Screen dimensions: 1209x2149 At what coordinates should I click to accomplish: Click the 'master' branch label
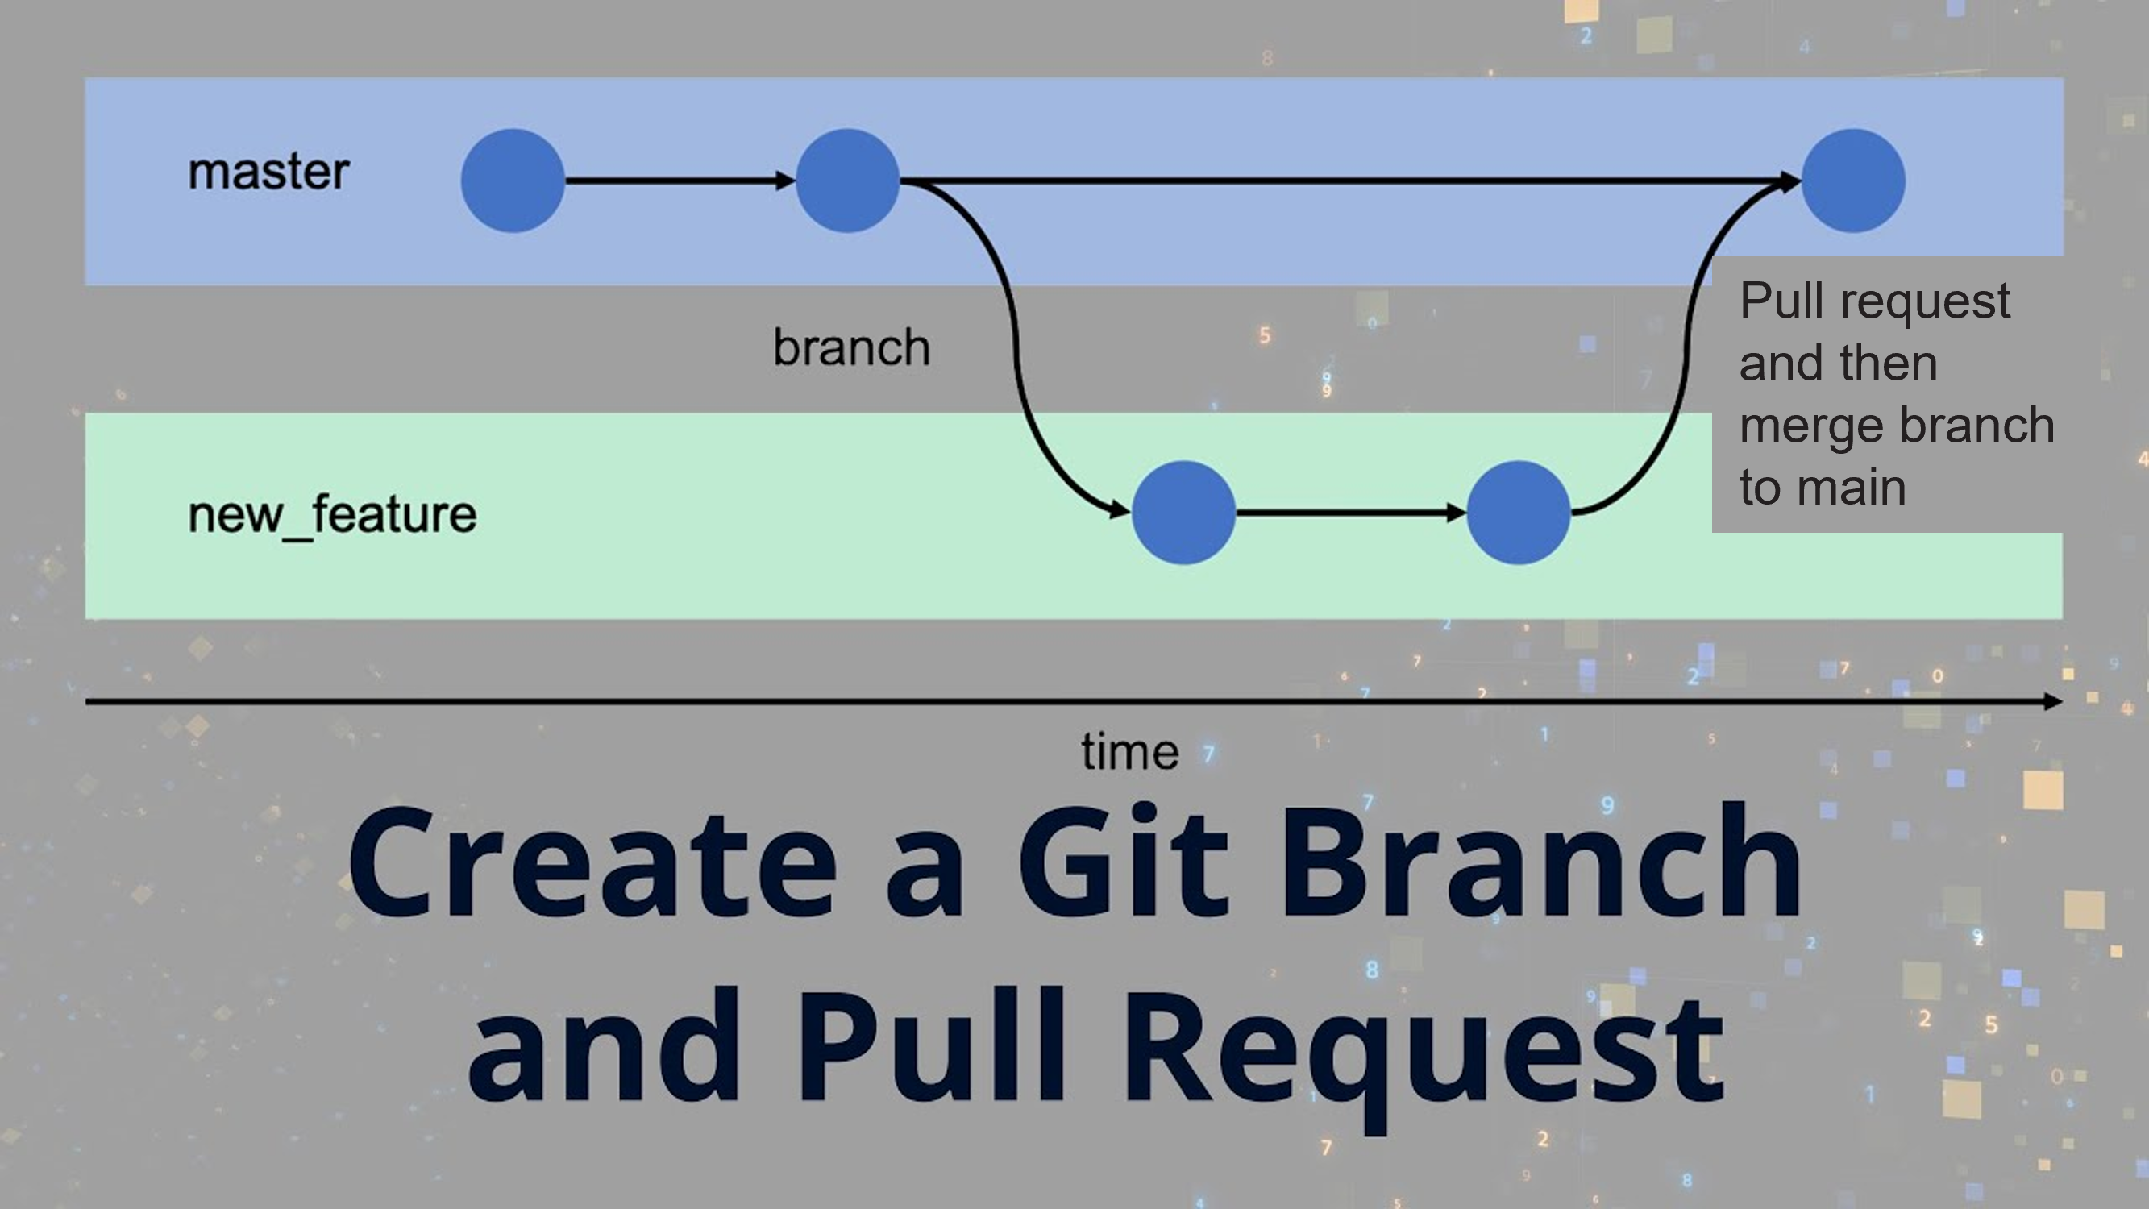tap(268, 172)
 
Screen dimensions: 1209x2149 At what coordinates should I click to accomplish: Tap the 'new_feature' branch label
tap(332, 515)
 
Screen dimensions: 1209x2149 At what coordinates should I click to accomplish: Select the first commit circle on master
tap(513, 181)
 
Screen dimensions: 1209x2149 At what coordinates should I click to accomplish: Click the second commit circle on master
tap(847, 181)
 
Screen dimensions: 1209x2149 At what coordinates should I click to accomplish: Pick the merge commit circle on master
tap(1853, 181)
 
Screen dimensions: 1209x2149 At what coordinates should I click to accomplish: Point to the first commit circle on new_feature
tap(1183, 513)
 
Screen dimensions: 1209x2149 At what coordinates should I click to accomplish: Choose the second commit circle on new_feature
tap(1519, 513)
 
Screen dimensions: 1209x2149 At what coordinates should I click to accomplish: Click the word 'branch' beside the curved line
tap(851, 347)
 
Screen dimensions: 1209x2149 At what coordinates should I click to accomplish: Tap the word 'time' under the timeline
tap(1129, 753)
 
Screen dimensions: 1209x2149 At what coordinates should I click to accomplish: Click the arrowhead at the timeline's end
tap(2052, 702)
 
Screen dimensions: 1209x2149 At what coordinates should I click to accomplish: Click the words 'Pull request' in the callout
tap(1875, 301)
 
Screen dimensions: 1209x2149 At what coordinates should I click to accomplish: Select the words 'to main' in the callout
tap(1823, 488)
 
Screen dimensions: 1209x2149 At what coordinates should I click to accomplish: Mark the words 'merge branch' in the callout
tap(1896, 426)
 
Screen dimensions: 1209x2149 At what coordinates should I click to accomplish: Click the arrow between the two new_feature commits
tap(1351, 513)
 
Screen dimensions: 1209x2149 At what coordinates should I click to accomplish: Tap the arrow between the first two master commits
tap(680, 181)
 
